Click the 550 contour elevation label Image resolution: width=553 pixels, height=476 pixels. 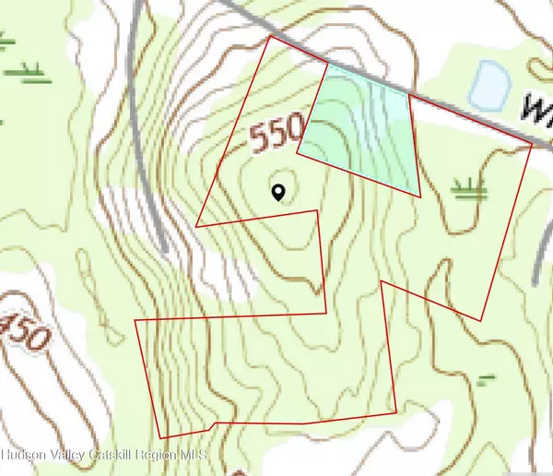275,139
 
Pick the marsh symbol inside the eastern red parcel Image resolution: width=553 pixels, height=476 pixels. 469,190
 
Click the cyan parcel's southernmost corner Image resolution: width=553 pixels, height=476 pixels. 419,196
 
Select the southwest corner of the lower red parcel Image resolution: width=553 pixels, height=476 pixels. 161,437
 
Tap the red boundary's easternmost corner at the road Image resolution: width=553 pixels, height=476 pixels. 533,145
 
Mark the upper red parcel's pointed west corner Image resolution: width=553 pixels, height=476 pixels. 197,225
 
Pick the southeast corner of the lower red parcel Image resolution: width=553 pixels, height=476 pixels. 396,411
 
